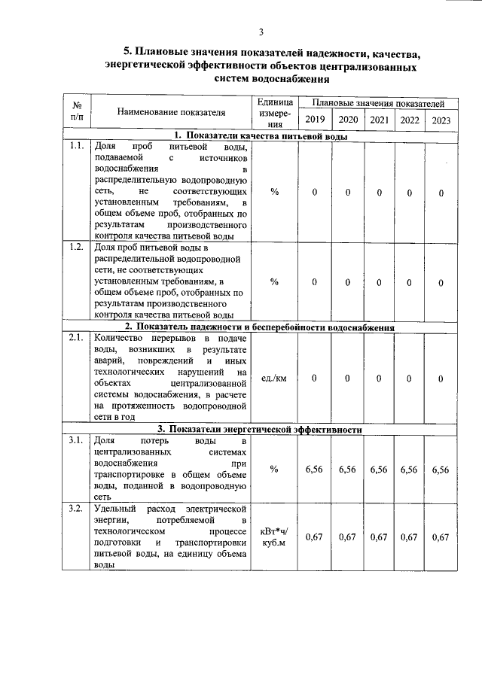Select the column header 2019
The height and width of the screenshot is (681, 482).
point(314,120)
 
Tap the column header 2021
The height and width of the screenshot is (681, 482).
point(380,120)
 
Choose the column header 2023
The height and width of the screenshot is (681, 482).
point(441,120)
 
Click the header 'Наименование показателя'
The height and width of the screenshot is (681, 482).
point(171,112)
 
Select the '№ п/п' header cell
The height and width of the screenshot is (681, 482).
point(76,112)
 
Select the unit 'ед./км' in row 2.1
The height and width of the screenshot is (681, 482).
point(273,379)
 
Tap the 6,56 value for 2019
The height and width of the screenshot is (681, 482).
point(314,469)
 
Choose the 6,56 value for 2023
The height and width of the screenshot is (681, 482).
point(441,469)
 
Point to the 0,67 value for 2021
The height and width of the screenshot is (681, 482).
point(380,537)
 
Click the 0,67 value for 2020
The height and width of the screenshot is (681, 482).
point(347,537)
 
